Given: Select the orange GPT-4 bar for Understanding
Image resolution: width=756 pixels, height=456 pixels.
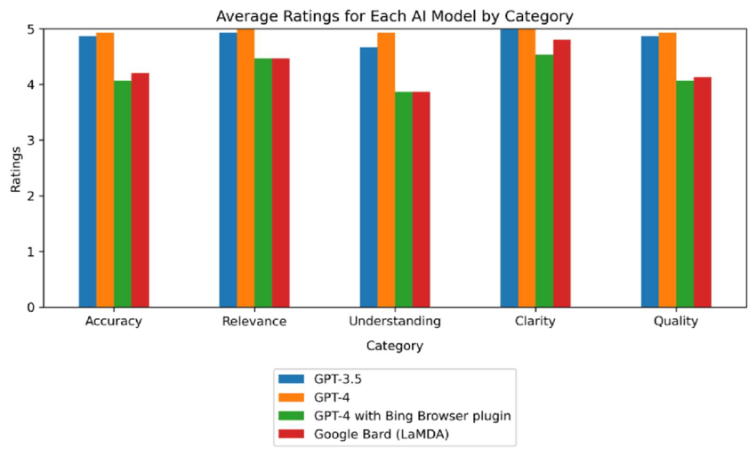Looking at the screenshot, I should (x=386, y=170).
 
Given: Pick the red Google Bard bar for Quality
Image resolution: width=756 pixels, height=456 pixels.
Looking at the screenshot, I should (x=702, y=192).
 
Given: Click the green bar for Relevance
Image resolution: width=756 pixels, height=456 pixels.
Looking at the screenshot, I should (x=263, y=183).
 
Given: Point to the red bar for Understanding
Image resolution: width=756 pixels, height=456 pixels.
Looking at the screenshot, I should (x=421, y=200).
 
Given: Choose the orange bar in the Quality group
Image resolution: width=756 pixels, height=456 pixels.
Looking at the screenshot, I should (x=667, y=170).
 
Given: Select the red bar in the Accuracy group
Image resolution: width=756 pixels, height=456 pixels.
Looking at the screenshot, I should (x=140, y=190).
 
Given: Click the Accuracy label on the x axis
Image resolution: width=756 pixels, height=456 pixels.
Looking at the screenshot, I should (x=113, y=322).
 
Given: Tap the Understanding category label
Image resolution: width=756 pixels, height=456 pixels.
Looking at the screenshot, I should (x=395, y=322).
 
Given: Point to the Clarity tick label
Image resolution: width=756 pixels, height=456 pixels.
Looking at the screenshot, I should (x=535, y=322).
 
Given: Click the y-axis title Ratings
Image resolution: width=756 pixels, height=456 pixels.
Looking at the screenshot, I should (x=15, y=168).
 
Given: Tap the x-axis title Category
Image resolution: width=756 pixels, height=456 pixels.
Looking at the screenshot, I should (x=395, y=345).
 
